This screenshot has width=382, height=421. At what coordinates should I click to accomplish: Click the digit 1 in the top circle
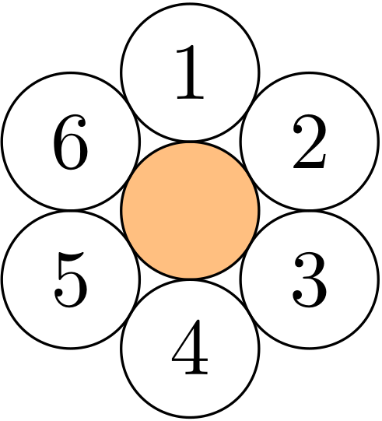191,72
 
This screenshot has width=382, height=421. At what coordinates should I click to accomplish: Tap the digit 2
310,142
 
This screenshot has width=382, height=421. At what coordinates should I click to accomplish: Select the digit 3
310,279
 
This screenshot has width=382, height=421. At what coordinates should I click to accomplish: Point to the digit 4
190,347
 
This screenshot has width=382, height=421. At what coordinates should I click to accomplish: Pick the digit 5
71,279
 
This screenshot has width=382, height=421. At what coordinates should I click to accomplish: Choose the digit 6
71,142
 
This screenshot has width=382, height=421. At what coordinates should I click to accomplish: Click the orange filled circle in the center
191,210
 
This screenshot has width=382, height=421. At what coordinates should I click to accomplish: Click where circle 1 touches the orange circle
191,141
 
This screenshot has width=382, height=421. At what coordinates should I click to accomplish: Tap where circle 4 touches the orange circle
191,280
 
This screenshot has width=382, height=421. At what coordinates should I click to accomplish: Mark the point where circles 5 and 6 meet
71,210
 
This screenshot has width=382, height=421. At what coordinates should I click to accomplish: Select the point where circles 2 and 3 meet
309,210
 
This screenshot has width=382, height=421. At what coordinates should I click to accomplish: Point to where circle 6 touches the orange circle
131,176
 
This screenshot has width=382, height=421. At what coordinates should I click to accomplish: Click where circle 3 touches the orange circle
250,245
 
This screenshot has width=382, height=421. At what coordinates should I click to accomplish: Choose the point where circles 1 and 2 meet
250,107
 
